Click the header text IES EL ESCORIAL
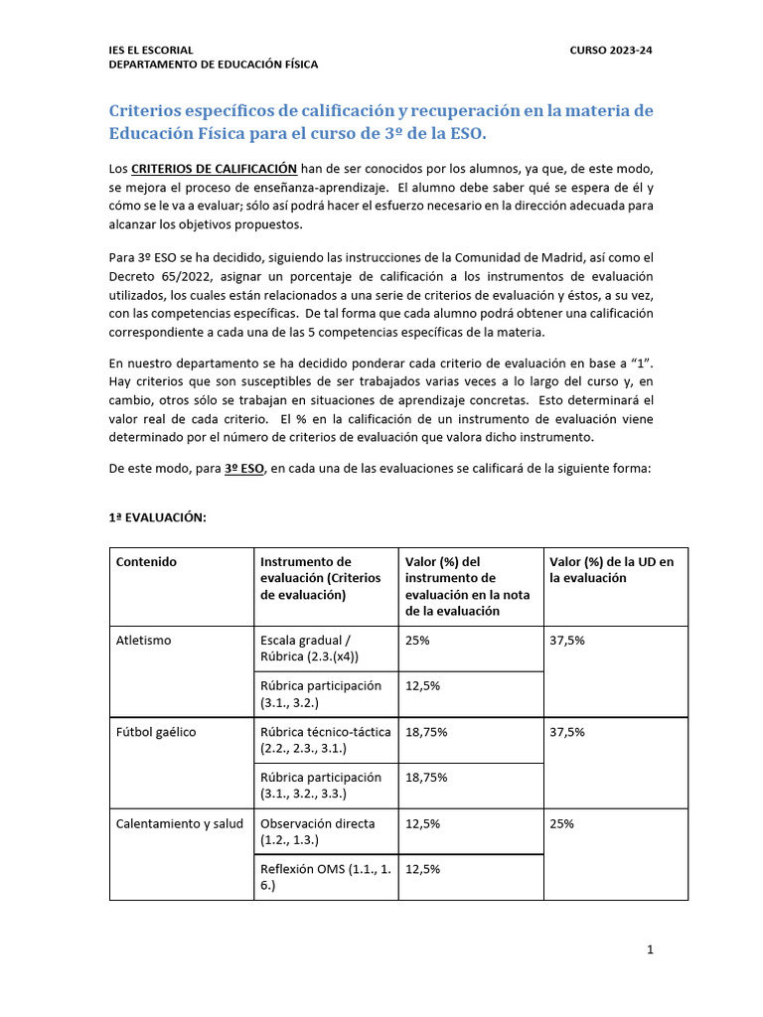(150, 50)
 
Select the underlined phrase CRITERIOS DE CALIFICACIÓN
(214, 169)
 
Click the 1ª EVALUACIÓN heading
(157, 517)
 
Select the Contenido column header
(146, 562)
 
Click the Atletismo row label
(144, 641)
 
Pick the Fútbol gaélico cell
(156, 732)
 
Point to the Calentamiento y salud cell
(179, 823)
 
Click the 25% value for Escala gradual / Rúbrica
(417, 641)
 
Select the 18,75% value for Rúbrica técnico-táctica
(426, 732)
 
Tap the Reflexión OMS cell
(325, 876)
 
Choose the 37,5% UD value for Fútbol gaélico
(567, 732)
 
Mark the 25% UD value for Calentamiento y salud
(561, 823)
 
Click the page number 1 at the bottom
(650, 950)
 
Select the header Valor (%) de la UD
(611, 569)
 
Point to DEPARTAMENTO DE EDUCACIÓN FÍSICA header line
(214, 65)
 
